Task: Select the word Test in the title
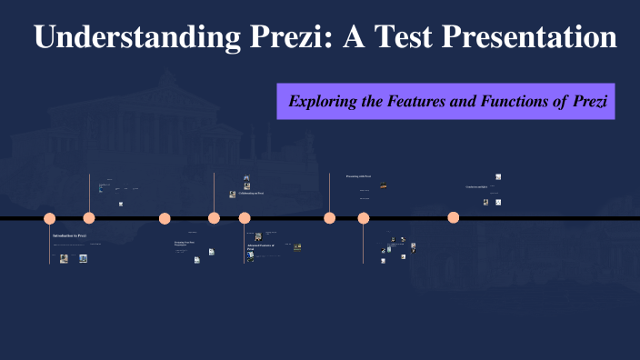click(x=393, y=37)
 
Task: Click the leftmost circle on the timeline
click(x=50, y=218)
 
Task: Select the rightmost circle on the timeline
click(x=454, y=217)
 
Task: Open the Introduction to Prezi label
click(x=69, y=235)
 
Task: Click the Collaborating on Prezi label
click(x=252, y=193)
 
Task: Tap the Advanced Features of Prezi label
click(x=260, y=246)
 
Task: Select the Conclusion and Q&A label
click(x=476, y=187)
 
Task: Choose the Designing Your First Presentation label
click(x=185, y=244)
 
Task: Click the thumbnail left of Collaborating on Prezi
click(x=233, y=194)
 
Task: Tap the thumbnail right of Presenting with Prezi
click(x=384, y=185)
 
